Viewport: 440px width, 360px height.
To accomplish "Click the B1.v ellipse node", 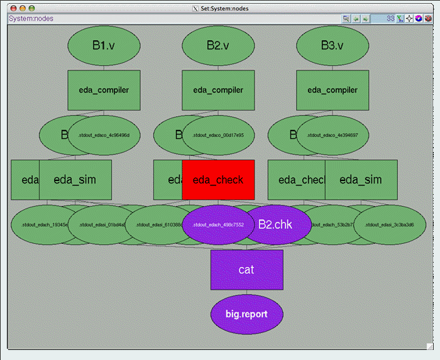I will (x=104, y=45).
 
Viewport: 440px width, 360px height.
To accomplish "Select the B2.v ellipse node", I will (x=218, y=45).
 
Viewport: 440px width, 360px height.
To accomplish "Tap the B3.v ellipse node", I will (x=332, y=45).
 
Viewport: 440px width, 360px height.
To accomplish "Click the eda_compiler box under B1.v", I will (x=104, y=90).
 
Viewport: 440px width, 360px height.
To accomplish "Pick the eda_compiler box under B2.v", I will (x=218, y=90).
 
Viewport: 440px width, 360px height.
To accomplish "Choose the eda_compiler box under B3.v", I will (x=332, y=90).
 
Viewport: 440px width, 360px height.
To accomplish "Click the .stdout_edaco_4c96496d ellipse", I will (x=104, y=135).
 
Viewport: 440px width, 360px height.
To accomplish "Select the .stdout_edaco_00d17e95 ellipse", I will (x=218, y=135).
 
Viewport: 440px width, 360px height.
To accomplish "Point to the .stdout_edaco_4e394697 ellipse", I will (x=332, y=135).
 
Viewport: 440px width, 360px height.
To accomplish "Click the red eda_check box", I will (x=218, y=180).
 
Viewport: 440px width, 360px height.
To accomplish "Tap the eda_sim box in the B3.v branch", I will (x=361, y=180).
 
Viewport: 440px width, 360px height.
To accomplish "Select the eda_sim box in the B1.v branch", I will (x=75, y=180).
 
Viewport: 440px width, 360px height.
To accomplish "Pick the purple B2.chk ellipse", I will (x=277, y=224).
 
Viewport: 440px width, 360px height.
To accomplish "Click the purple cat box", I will (x=246, y=270).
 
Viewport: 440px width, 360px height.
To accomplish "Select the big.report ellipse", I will (x=246, y=314).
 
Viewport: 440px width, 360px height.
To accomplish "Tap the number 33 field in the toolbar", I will (x=384, y=19).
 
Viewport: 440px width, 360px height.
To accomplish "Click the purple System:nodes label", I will (x=31, y=19).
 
